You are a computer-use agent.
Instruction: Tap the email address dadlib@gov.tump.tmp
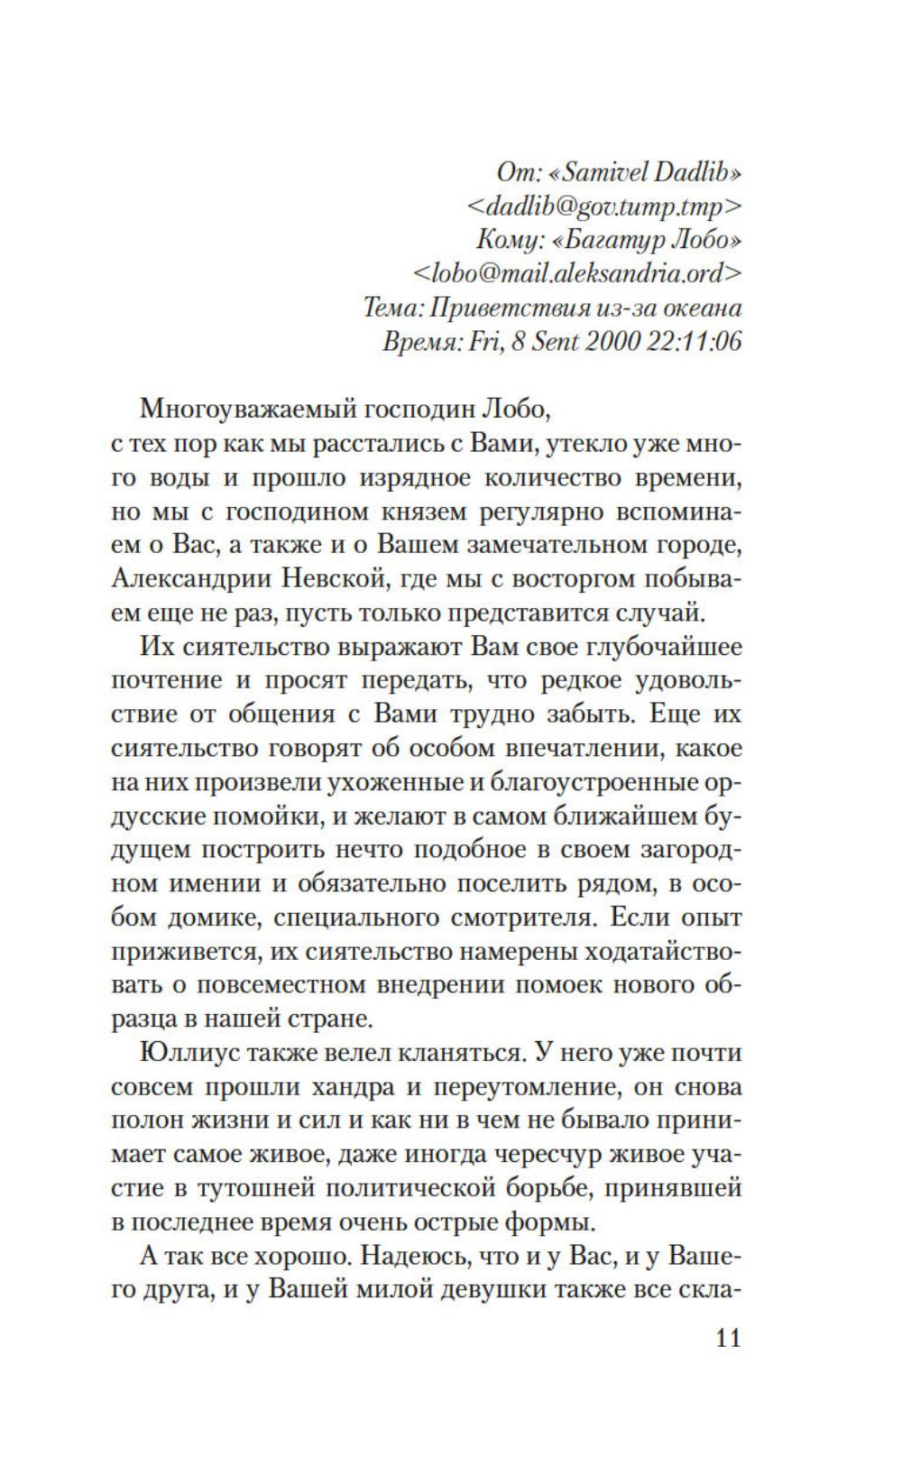pyautogui.click(x=604, y=207)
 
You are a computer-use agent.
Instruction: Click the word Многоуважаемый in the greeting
pyautogui.click(x=235, y=409)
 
